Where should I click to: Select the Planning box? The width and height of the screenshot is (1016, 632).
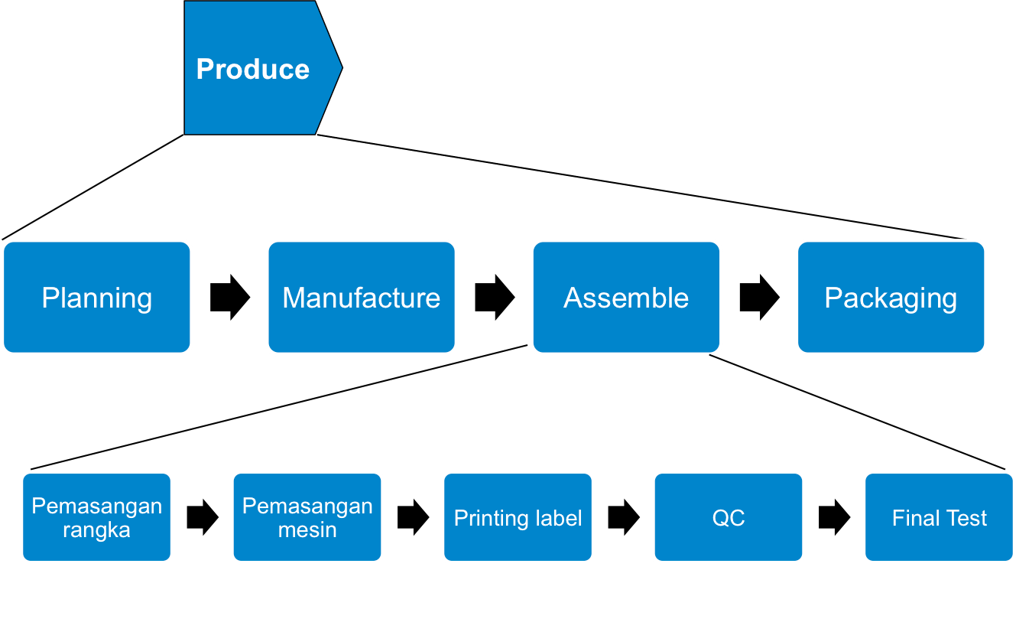(96, 298)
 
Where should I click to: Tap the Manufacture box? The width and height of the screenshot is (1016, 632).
(361, 298)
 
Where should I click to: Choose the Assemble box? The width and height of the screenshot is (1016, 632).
(626, 298)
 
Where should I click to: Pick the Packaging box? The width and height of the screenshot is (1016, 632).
(891, 298)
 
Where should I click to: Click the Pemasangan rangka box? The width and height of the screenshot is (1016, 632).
(96, 518)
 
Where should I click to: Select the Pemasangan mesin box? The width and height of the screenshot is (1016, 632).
(307, 518)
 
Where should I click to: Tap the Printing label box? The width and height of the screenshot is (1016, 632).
(518, 518)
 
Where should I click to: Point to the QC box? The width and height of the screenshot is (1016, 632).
(728, 518)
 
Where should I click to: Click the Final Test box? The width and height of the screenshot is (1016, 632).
(939, 518)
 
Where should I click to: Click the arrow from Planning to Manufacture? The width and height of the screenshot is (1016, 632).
(230, 297)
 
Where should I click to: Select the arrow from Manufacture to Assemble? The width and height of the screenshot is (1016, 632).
(495, 297)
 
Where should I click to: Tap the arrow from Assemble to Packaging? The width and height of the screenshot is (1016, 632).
(759, 297)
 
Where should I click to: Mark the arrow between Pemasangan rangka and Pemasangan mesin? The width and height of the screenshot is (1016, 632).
(202, 517)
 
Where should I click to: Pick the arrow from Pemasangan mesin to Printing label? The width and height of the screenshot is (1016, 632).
(413, 517)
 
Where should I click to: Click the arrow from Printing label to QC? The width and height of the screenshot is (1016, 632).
(623, 517)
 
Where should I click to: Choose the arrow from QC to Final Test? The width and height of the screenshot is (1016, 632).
(834, 517)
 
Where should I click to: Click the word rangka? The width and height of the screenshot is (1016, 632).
(96, 530)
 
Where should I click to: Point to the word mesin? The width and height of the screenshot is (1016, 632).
(307, 530)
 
